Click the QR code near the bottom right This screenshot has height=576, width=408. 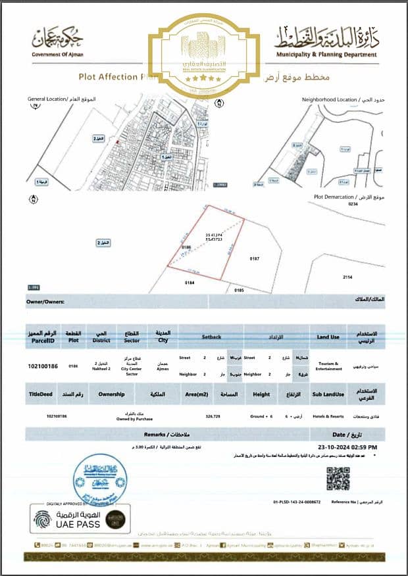point(338,479)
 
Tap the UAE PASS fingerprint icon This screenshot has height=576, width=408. point(42,519)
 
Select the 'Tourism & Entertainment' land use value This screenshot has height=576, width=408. point(328,366)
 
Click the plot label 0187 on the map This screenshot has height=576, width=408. point(255,259)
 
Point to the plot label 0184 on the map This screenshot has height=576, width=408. point(190,283)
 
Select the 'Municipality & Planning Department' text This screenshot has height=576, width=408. point(327,55)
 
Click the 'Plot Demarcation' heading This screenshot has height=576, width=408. point(335,197)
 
